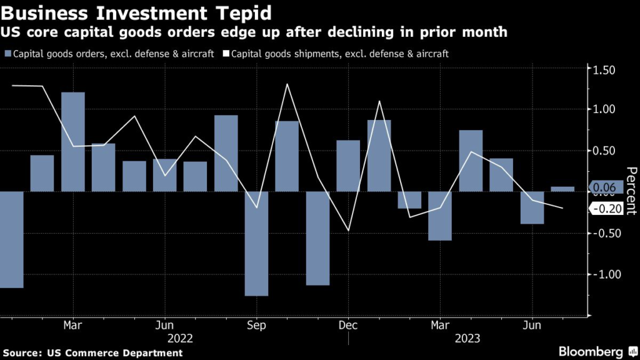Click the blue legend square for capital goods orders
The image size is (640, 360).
click(x=8, y=54)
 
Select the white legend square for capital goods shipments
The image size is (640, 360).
click(x=226, y=54)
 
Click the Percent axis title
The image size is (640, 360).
click(x=631, y=191)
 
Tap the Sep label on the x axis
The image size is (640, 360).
click(x=257, y=326)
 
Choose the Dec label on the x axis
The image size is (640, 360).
click(x=348, y=326)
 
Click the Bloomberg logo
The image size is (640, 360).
click(x=590, y=352)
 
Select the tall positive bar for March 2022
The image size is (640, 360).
click(x=73, y=142)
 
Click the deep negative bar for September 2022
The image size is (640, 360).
click(x=256, y=243)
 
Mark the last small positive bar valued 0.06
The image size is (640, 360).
click(x=562, y=189)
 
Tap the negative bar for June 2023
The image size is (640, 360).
click(x=532, y=207)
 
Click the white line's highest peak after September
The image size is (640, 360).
click(x=287, y=84)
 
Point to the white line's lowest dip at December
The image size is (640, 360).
click(x=348, y=231)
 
